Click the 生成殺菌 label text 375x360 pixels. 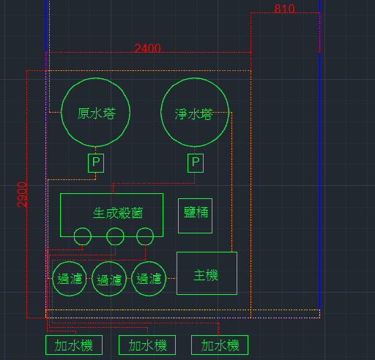pos(118,213)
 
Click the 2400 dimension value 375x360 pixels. pos(147,48)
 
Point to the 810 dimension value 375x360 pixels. pos(284,9)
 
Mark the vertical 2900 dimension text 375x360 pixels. pos(22,195)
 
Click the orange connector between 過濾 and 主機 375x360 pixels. pos(171,278)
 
